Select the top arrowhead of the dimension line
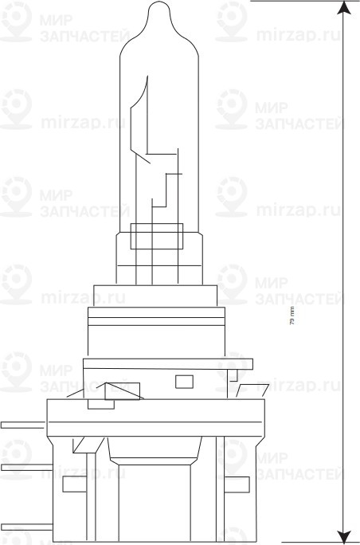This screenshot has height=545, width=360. coord(343,8)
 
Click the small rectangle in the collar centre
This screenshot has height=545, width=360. coord(184,381)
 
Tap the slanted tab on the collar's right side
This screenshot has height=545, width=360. coord(252,390)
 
